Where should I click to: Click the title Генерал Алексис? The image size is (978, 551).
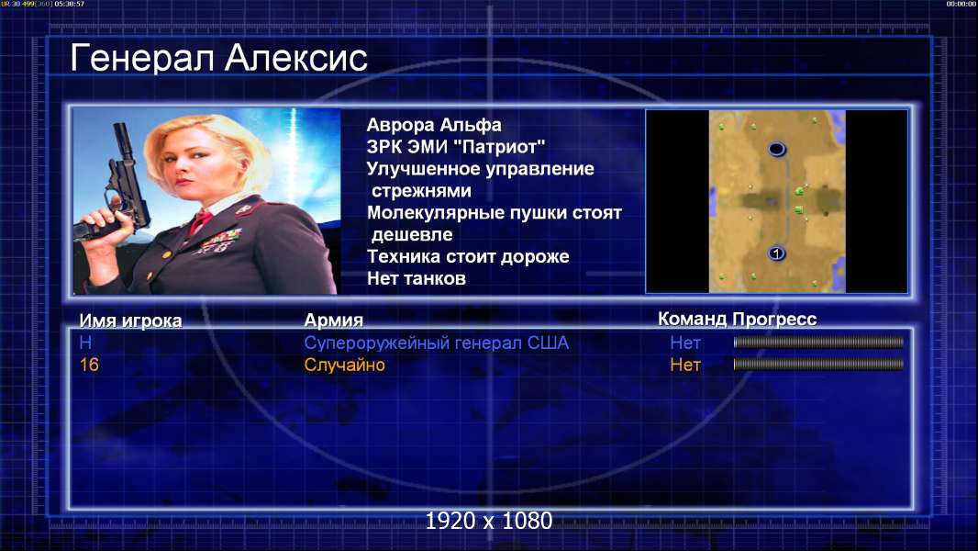pos(218,59)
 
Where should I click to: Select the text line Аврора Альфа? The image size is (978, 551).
pos(433,125)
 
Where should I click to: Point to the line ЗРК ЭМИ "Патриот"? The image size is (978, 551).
pos(455,147)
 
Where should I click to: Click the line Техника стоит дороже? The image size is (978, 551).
pos(468,256)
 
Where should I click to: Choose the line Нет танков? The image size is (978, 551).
pos(416,278)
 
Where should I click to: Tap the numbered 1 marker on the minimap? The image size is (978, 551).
pos(776,253)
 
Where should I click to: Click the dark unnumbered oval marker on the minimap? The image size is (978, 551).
pos(776,149)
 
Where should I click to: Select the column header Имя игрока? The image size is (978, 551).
pos(130,320)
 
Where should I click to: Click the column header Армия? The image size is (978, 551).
pos(333,320)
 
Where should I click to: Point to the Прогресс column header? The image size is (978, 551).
pos(774,319)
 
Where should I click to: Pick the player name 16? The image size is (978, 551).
pos(89,365)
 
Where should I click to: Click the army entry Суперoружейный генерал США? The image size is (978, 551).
pos(436,343)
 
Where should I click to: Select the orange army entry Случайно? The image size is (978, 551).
pos(344,365)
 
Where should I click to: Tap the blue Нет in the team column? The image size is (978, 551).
pos(684,343)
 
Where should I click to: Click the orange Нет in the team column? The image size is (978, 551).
pos(684,365)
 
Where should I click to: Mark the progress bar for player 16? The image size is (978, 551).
pos(818,364)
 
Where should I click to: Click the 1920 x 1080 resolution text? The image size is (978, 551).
pos(488,521)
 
